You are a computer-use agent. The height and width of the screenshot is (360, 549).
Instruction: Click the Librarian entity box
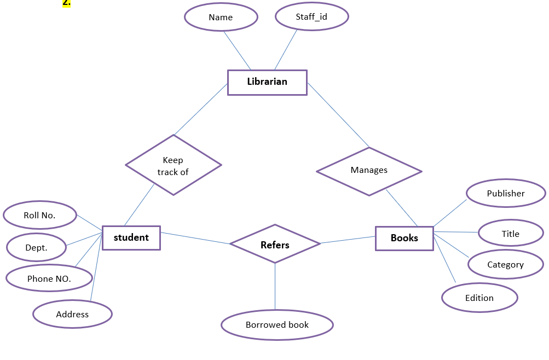pos(267,82)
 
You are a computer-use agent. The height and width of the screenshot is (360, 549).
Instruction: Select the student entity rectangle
pos(131,238)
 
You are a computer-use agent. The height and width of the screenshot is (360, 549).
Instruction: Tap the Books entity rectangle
pos(404,238)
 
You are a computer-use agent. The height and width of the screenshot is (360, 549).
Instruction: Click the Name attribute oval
pos(221,18)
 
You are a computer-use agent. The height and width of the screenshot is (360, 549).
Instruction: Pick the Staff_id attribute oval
pos(311,17)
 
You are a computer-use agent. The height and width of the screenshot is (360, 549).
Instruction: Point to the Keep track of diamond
pos(173,165)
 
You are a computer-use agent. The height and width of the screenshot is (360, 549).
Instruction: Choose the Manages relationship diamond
pos(369,171)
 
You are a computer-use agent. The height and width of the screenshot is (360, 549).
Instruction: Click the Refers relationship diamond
pos(275,244)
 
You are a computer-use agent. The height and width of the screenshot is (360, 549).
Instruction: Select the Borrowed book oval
pos(277,325)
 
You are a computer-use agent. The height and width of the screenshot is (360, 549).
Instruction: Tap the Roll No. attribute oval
pos(39,216)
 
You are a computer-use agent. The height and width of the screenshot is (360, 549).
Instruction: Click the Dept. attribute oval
pos(37,248)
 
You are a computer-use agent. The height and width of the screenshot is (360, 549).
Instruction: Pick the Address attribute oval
pos(72,314)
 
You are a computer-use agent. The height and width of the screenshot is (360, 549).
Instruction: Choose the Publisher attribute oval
pos(506,194)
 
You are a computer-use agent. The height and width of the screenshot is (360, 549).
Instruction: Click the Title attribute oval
pos(510,234)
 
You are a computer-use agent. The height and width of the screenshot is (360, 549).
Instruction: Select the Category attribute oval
pos(505,265)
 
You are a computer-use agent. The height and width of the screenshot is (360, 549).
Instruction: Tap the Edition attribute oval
pos(479,298)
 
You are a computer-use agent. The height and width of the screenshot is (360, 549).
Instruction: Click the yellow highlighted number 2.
pos(67,3)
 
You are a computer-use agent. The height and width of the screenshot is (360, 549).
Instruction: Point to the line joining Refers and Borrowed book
pos(275,287)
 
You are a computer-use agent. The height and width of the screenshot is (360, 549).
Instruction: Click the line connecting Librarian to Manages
pos(338,115)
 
